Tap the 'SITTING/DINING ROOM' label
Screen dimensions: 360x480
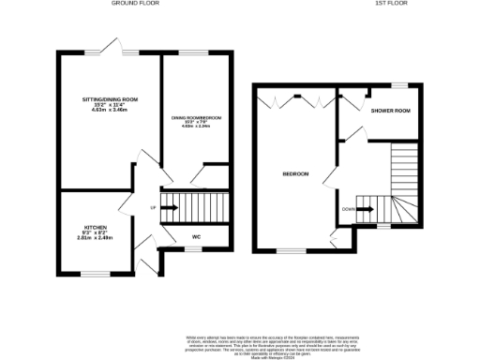[110, 98]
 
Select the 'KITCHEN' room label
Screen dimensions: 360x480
[94, 228]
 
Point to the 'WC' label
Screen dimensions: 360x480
[197, 236]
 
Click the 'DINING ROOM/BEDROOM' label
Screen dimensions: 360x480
[196, 117]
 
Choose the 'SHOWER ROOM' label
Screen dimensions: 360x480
[391, 112]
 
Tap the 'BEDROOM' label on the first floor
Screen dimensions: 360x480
[296, 173]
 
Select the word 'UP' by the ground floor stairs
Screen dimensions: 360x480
[154, 207]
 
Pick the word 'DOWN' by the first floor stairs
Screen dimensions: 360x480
[348, 208]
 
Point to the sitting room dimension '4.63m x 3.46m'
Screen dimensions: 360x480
[110, 110]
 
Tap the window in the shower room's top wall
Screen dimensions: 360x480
[398, 84]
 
